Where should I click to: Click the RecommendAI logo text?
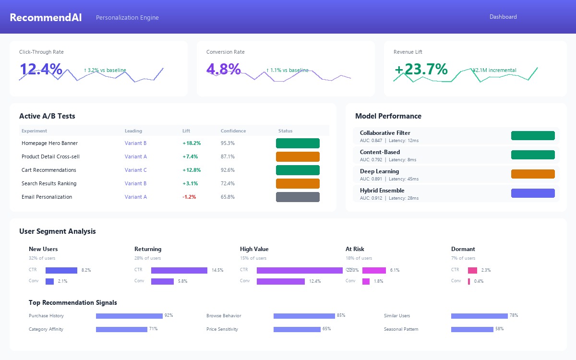46,17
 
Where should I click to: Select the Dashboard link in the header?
503,17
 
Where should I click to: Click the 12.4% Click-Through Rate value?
41,69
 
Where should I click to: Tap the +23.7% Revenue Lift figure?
421,69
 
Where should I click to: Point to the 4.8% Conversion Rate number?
224,69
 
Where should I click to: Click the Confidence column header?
233,131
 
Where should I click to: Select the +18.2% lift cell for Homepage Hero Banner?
192,143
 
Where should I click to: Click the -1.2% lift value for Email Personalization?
189,197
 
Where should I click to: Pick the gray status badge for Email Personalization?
298,197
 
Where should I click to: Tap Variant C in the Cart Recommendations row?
136,170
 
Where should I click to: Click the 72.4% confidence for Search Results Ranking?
228,183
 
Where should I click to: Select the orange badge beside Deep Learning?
533,174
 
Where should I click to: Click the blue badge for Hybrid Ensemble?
533,193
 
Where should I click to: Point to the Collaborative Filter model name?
385,133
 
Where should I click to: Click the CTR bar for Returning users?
179,270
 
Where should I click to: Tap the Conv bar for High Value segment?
281,281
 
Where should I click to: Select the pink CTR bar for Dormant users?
472,270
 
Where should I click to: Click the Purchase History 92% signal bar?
129,316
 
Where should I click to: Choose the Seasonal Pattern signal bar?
472,329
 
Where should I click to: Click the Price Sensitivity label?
222,329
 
